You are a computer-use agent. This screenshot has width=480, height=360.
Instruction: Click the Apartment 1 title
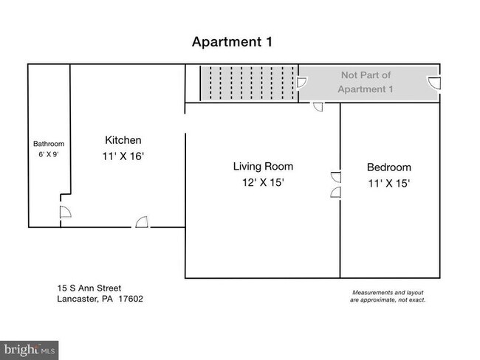(x=232, y=42)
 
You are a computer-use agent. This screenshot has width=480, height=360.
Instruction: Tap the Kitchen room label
(x=123, y=140)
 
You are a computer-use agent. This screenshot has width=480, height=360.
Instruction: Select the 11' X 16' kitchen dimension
(x=123, y=156)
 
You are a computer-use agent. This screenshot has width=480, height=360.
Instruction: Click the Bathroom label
(x=49, y=144)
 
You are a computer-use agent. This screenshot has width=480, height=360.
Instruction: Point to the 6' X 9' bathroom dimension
(x=48, y=154)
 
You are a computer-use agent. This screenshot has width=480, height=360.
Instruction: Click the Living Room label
(x=264, y=167)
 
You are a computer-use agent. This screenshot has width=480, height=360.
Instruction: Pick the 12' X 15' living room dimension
(x=264, y=183)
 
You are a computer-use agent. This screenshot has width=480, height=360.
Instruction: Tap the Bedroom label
(x=388, y=167)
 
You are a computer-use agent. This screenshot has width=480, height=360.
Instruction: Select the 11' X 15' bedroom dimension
(x=388, y=184)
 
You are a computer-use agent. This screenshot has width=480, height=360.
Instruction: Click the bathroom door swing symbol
(x=65, y=212)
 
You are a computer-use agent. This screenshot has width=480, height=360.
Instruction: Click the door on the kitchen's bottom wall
(x=142, y=222)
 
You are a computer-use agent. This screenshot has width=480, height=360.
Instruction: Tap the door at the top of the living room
(x=318, y=107)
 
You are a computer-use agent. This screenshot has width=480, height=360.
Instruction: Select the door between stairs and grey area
(x=302, y=83)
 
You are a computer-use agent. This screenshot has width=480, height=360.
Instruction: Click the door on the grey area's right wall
(x=434, y=83)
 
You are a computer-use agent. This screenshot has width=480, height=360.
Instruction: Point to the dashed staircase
(x=249, y=83)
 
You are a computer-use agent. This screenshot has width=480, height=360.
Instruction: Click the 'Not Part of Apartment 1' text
(x=366, y=82)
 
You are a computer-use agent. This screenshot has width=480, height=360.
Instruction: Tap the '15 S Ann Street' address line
(x=89, y=288)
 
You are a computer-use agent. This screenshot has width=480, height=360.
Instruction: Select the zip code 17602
(x=131, y=299)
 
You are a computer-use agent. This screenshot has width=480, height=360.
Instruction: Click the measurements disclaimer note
(x=388, y=297)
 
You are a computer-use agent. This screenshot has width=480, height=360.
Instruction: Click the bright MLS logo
(x=29, y=350)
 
